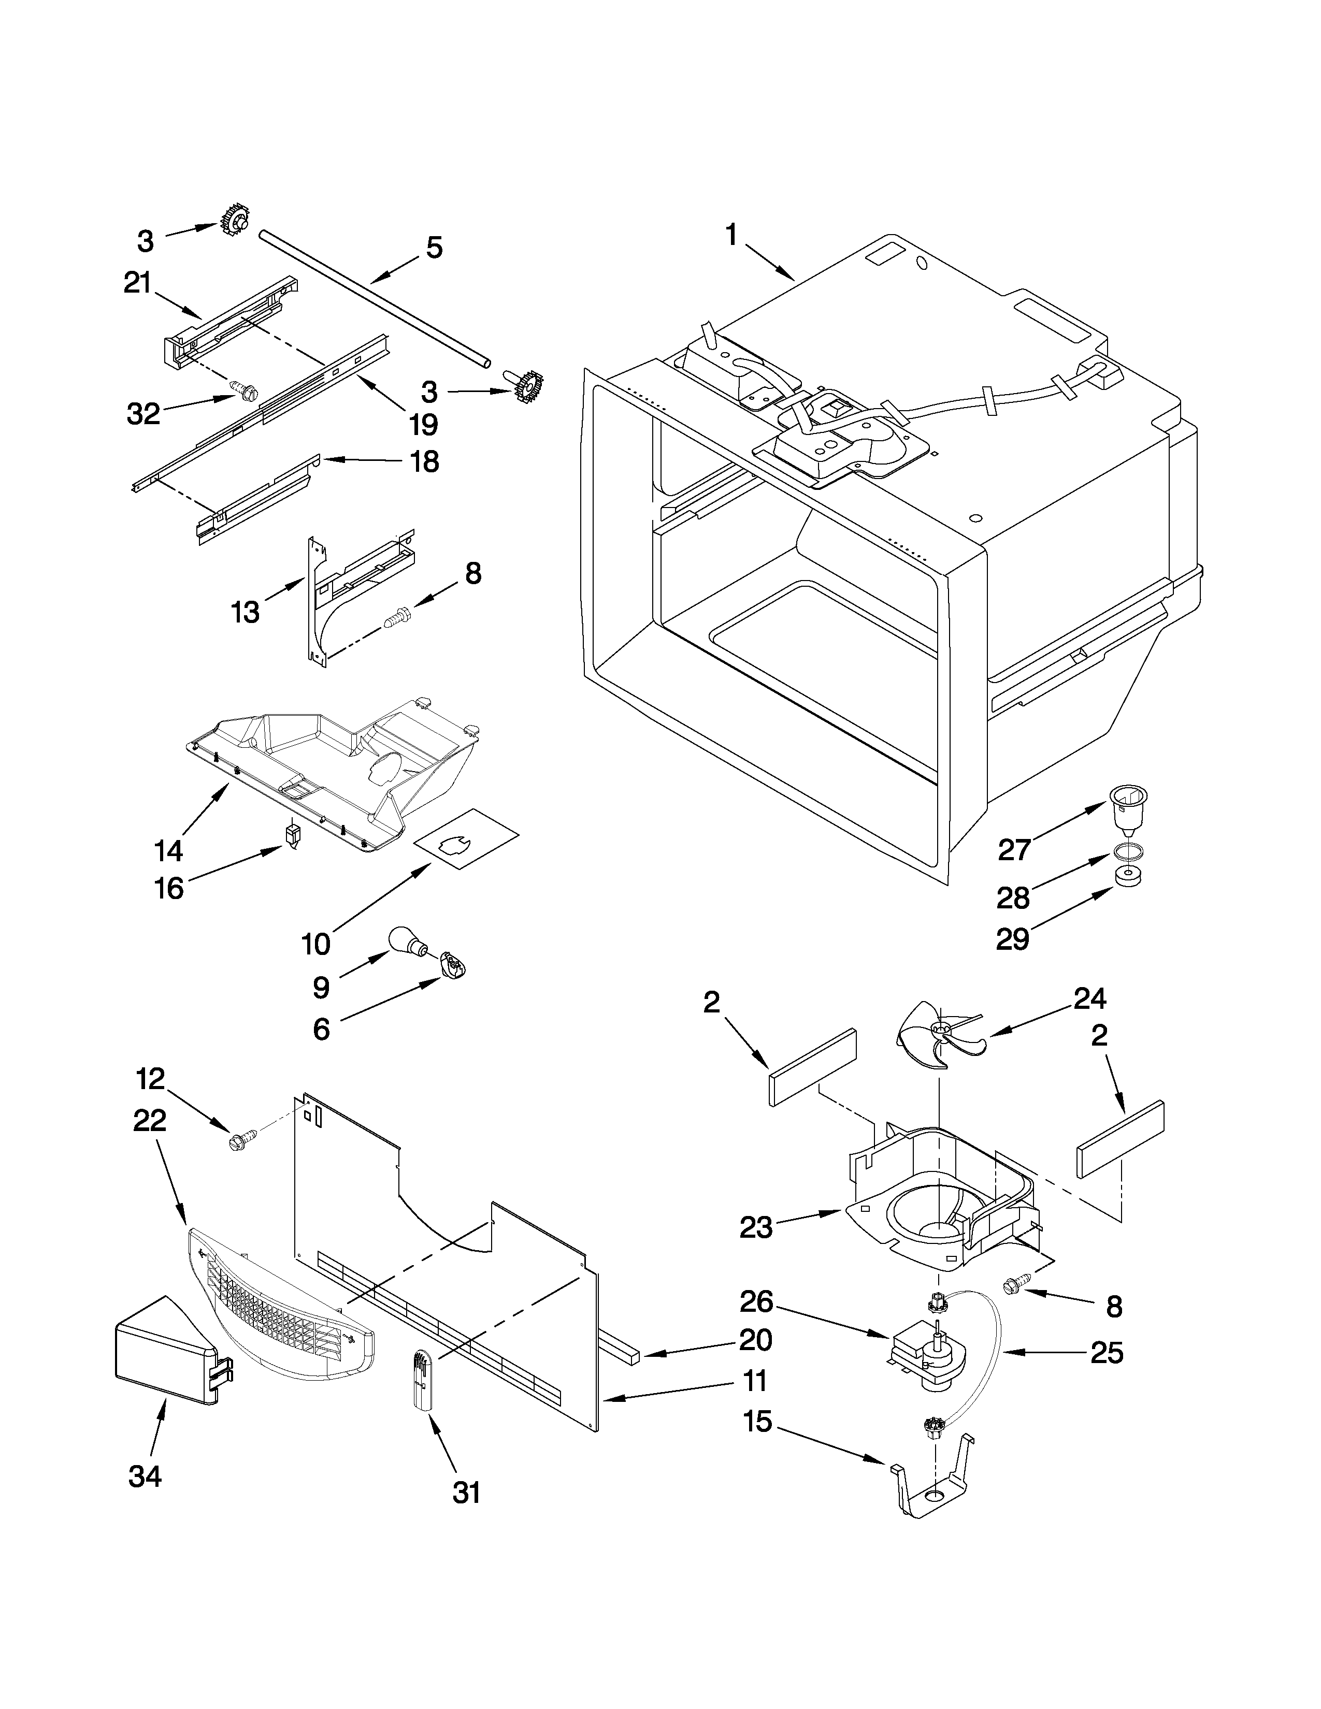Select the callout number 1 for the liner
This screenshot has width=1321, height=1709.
coord(731,234)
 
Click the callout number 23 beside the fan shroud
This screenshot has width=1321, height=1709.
coord(756,1228)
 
